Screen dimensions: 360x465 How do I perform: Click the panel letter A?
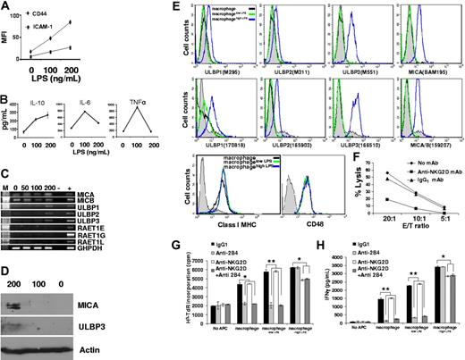point(5,8)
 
